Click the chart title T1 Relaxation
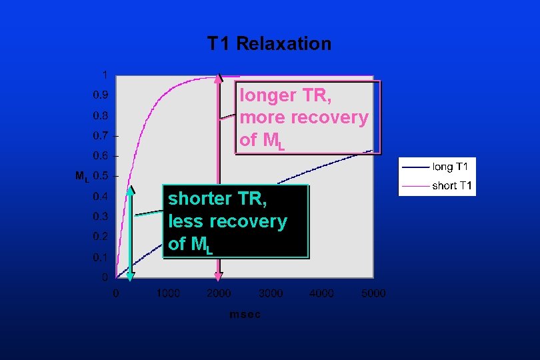[269, 44]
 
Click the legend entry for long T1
[453, 166]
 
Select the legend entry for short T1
[453, 185]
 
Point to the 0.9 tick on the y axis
[100, 95]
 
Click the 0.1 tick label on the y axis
[100, 257]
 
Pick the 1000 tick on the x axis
[167, 293]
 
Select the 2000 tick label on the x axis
[219, 293]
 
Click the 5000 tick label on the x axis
[373, 293]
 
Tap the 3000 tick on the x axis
[271, 293]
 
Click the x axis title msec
[245, 315]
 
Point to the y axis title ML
[81, 177]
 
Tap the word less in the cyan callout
[183, 221]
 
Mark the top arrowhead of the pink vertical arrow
[218, 77]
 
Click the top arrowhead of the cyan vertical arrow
[131, 191]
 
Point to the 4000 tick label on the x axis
[322, 293]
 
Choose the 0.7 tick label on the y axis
[100, 135]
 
